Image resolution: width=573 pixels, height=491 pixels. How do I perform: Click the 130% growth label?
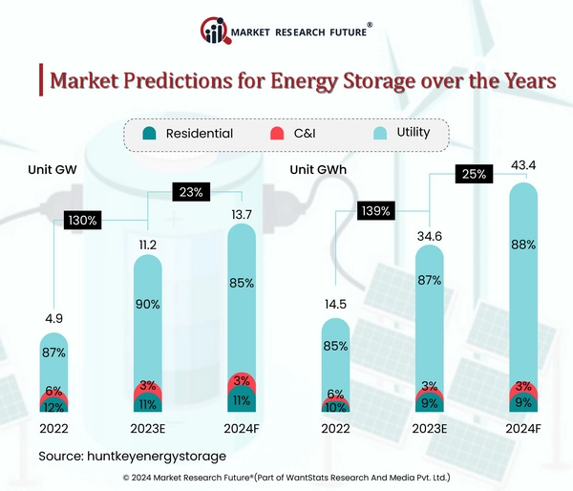pos(82,221)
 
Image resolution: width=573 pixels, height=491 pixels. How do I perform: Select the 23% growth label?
pos(187,191)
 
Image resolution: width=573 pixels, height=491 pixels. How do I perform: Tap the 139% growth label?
pos(375,210)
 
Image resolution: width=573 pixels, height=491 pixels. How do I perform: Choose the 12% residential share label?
pos(53,407)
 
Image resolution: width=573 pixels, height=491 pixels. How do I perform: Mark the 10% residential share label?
pos(335,407)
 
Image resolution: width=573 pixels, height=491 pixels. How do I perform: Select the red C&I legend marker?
pos(278,134)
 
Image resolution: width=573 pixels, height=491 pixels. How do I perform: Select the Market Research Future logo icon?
pos(214,32)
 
